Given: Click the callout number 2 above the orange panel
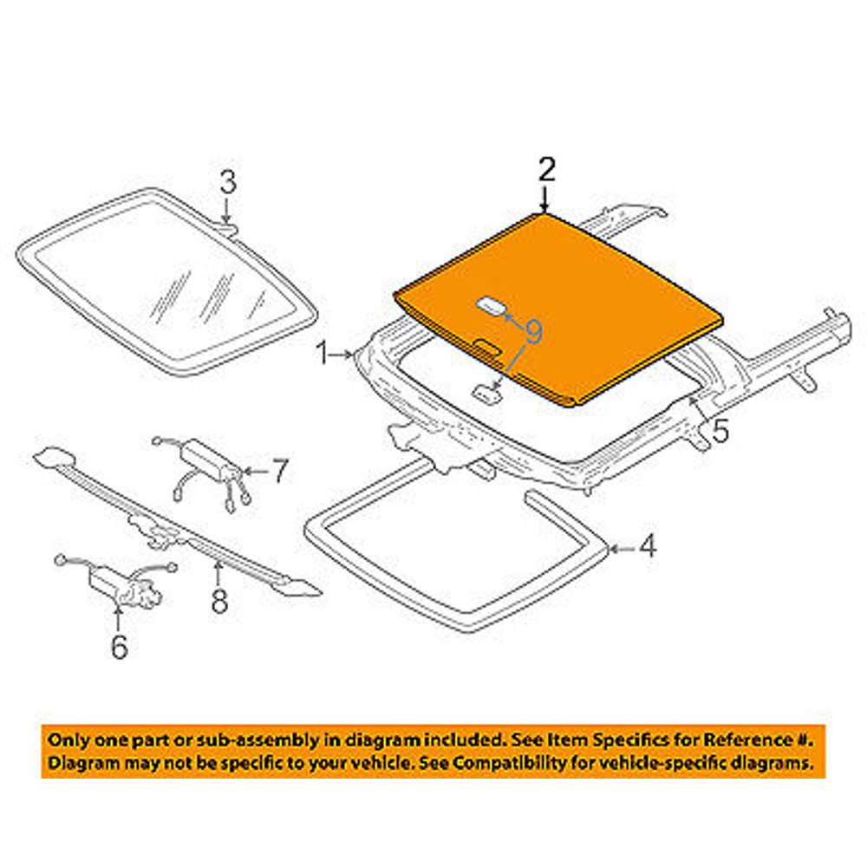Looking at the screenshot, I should point(545,170).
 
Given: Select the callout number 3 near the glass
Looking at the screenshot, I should point(226,183).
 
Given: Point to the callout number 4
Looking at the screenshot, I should point(648,547).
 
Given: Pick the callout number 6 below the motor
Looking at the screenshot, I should point(118,646).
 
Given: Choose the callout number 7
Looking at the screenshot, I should point(278,473).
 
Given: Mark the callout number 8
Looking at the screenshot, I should point(219,599).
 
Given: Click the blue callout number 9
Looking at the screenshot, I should point(533,330).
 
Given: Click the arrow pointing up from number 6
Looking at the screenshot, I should point(119,617).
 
